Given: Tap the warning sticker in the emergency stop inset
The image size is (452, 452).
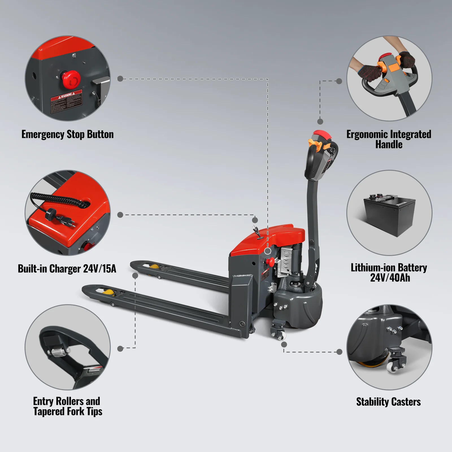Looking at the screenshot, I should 66,101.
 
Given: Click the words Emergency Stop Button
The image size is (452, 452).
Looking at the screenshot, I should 68,134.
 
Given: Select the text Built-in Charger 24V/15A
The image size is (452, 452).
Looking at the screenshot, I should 67,269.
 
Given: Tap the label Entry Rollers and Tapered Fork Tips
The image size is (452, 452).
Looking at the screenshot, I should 68,406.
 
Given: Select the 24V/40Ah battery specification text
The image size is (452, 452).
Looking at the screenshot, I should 390,278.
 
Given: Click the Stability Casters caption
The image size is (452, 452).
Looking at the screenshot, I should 388,402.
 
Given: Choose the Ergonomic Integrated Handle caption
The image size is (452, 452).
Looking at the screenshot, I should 389,139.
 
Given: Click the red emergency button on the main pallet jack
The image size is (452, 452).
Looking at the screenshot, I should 271,261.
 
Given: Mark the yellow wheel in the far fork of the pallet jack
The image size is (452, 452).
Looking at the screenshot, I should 154,266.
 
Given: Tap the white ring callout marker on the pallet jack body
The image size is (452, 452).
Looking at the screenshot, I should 268,251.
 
